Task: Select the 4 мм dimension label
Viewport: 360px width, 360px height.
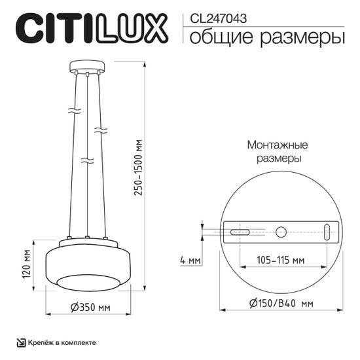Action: click(x=190, y=260)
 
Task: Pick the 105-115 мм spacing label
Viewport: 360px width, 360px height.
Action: click(x=280, y=260)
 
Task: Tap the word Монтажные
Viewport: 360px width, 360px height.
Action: click(x=278, y=145)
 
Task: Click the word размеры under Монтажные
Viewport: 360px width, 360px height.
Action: click(x=278, y=158)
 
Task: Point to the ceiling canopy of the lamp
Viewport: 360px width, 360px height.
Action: click(x=86, y=67)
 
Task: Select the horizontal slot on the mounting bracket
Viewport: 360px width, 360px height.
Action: click(x=239, y=231)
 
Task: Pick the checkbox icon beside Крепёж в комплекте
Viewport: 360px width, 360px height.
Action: click(x=21, y=342)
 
